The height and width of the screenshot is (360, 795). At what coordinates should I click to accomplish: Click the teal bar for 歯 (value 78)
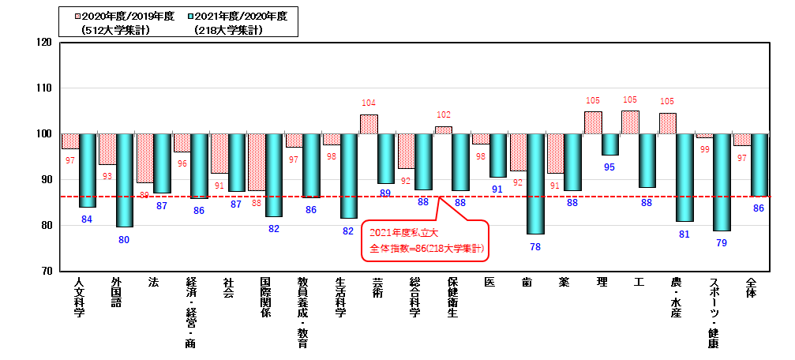click(x=535, y=184)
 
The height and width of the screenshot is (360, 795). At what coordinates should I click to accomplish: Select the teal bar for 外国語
click(x=125, y=180)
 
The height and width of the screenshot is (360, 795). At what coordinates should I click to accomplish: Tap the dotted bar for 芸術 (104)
click(x=369, y=124)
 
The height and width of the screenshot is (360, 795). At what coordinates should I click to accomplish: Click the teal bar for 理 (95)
click(x=609, y=144)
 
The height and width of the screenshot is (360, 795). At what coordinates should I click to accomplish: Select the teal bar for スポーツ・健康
click(x=722, y=182)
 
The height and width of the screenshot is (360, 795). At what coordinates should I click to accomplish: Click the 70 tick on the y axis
click(x=47, y=271)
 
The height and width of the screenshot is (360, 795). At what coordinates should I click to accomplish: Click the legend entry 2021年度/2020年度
click(x=229, y=16)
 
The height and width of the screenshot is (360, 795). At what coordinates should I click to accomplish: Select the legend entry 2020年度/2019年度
click(x=118, y=16)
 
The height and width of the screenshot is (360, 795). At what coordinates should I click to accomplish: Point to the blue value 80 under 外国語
click(x=124, y=239)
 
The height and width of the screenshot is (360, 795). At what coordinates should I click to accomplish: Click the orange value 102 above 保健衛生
click(x=443, y=114)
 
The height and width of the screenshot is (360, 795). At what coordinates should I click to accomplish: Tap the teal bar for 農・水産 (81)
click(x=684, y=178)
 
